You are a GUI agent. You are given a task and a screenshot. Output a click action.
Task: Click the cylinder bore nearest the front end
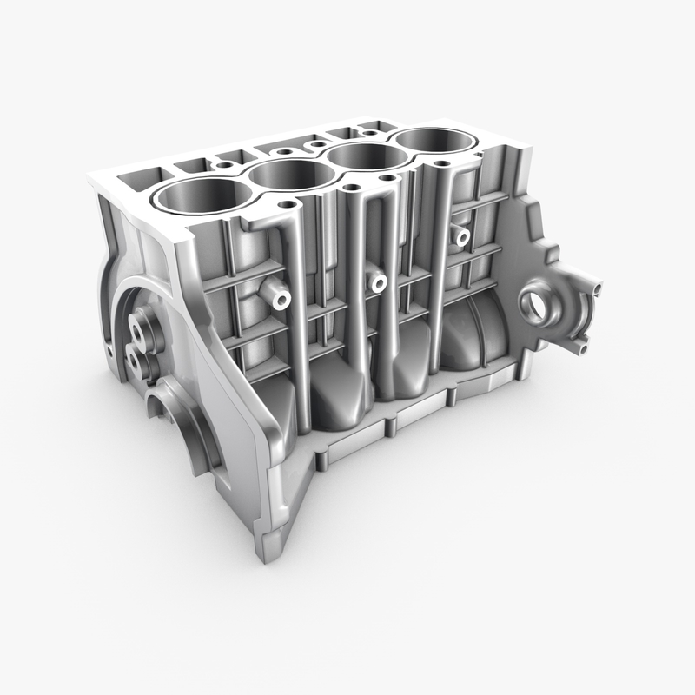(198, 196)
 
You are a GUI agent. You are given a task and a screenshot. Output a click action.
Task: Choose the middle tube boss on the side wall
(376, 282)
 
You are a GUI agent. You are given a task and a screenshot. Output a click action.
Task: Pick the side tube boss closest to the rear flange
(461, 235)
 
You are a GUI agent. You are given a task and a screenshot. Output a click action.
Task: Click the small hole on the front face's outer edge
(109, 351)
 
